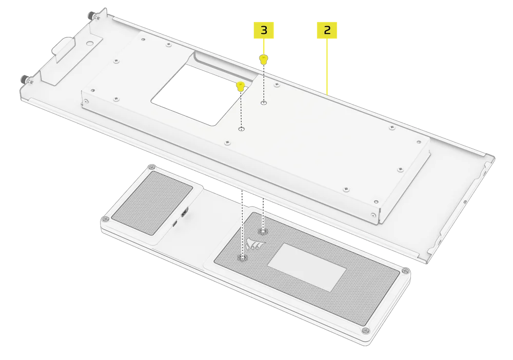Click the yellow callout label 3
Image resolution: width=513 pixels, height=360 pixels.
point(264,30)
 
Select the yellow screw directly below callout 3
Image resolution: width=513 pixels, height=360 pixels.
point(263,59)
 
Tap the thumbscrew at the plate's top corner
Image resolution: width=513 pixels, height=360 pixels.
point(96,17)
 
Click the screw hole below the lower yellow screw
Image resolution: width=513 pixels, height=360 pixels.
point(241,129)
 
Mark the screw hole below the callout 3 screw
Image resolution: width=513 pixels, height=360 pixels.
point(263,103)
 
